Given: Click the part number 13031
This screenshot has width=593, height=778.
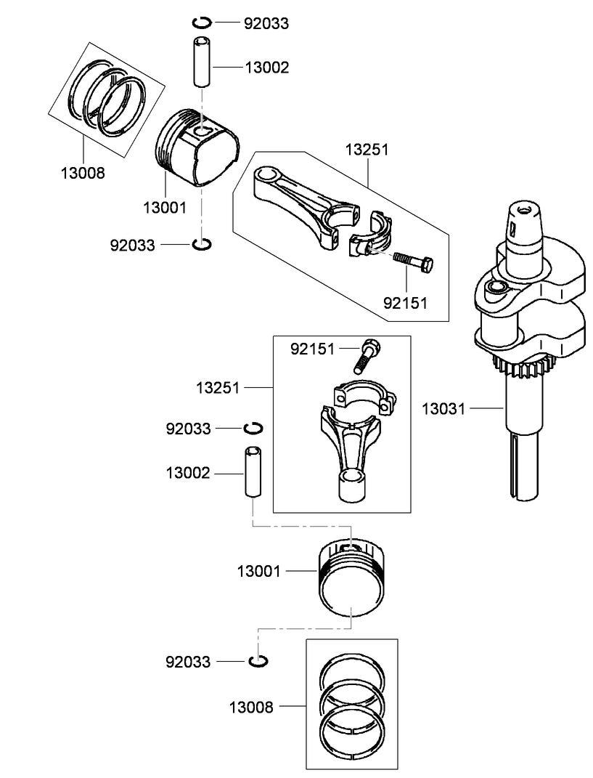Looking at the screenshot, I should click(443, 409).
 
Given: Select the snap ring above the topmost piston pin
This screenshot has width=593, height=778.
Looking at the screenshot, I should click(203, 22).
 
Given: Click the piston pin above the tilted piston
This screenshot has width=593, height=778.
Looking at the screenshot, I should click(203, 67).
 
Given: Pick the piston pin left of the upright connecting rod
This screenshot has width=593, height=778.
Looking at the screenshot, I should click(252, 472).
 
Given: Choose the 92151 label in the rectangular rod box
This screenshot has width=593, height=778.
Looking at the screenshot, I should click(312, 349).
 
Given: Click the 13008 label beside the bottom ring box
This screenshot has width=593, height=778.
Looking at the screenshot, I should click(251, 706).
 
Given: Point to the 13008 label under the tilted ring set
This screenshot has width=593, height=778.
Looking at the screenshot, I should click(83, 173).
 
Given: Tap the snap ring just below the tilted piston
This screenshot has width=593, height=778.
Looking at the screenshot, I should click(203, 244).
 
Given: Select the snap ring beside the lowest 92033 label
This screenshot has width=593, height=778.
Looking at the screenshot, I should click(259, 661).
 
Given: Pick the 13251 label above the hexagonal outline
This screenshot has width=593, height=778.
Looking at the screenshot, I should click(367, 150).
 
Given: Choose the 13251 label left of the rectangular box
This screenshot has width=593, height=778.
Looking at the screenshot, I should click(218, 388).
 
